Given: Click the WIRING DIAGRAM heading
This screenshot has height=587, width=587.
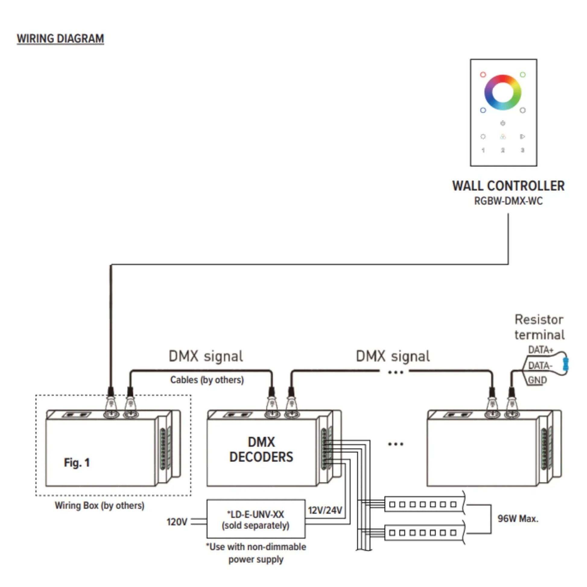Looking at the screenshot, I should click(60, 39).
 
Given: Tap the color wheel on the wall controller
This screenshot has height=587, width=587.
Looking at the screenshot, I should click(503, 92).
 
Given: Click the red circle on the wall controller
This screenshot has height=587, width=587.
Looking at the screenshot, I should click(483, 75).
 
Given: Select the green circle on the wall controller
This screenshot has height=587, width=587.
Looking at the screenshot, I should click(522, 75).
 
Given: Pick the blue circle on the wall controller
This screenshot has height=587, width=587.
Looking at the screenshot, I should click(483, 110).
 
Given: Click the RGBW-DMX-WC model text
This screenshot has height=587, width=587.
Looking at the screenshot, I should click(508, 201).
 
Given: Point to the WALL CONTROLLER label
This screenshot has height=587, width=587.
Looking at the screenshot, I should click(508, 186).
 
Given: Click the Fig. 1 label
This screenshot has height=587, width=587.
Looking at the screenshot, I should click(77, 462).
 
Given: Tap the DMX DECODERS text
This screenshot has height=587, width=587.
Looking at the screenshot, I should click(261, 449).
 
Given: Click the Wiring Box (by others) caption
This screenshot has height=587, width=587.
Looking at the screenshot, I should click(99, 505).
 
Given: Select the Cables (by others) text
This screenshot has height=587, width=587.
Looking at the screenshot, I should click(207, 379).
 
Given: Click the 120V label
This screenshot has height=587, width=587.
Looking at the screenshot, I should click(176, 522).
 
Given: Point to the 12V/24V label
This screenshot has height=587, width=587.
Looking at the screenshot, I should click(325, 510).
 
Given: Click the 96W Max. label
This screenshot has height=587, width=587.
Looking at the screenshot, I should click(518, 518).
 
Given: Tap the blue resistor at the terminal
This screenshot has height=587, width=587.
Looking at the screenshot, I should click(565, 364).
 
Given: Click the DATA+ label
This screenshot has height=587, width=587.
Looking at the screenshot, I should click(541, 350).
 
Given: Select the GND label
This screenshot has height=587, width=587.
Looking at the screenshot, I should click(537, 380).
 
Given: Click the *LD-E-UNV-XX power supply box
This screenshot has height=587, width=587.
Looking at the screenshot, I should click(256, 519).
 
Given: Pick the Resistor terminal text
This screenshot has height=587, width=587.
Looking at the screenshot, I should click(539, 327).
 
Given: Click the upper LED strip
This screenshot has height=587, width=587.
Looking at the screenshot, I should click(424, 504).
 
